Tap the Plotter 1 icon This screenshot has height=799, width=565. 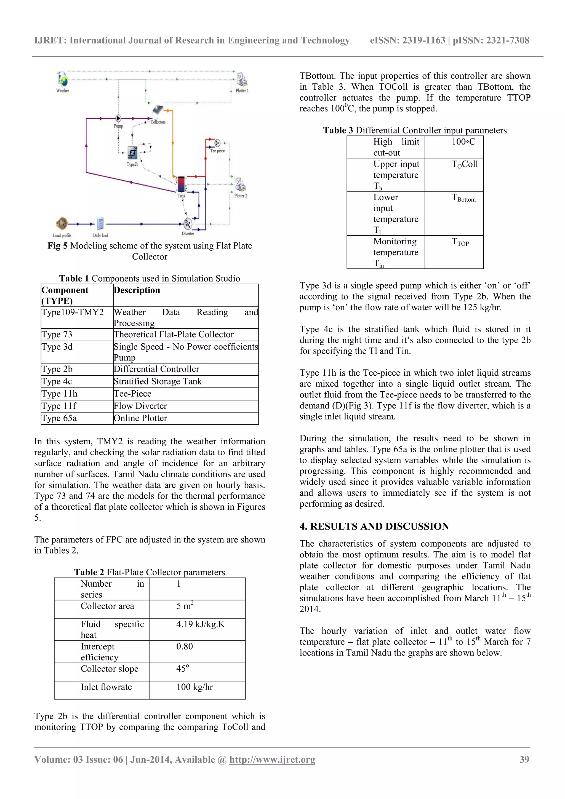241,80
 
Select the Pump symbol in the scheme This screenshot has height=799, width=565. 118,119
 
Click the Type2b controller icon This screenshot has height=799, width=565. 133,153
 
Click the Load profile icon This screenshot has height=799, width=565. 62,224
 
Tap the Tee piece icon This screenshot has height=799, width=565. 217,143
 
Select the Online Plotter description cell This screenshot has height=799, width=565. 140,418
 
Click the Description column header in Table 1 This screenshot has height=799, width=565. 137,290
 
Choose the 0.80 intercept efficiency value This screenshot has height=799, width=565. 184,646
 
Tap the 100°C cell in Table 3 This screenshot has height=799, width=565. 463,142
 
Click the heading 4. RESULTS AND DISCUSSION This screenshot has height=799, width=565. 374,526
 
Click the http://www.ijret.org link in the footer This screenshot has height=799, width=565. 272,759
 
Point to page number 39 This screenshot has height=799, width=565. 524,759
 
